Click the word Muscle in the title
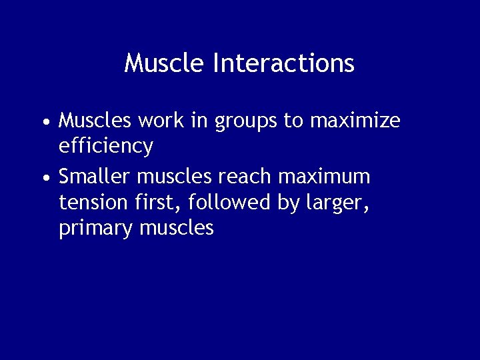(165, 63)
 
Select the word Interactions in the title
(283, 63)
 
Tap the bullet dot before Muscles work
(45, 123)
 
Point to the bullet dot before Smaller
(45, 179)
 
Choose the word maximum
(324, 177)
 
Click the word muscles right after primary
(177, 228)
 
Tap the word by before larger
(289, 203)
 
